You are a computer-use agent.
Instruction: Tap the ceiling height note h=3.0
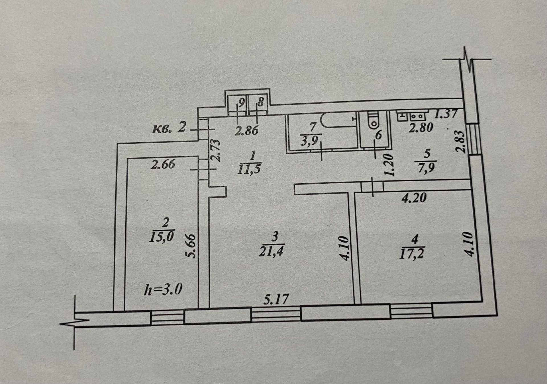tap(163, 290)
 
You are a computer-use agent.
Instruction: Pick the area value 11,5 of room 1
tap(249, 169)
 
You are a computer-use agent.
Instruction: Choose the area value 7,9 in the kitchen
tap(426, 167)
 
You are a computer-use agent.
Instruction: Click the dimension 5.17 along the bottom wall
tap(276, 299)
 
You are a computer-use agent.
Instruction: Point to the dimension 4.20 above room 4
tap(414, 198)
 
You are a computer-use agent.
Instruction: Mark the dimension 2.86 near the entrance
tap(247, 130)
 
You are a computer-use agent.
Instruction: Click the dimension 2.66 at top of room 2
tap(163, 165)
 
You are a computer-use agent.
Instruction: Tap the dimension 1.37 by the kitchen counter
tap(446, 114)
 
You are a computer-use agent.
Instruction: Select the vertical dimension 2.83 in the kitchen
tap(460, 142)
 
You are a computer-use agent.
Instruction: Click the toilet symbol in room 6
tap(373, 121)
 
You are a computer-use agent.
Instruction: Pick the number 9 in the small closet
tap(241, 102)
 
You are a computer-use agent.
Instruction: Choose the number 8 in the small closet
tap(260, 102)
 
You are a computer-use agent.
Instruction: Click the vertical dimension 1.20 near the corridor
tap(388, 165)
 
